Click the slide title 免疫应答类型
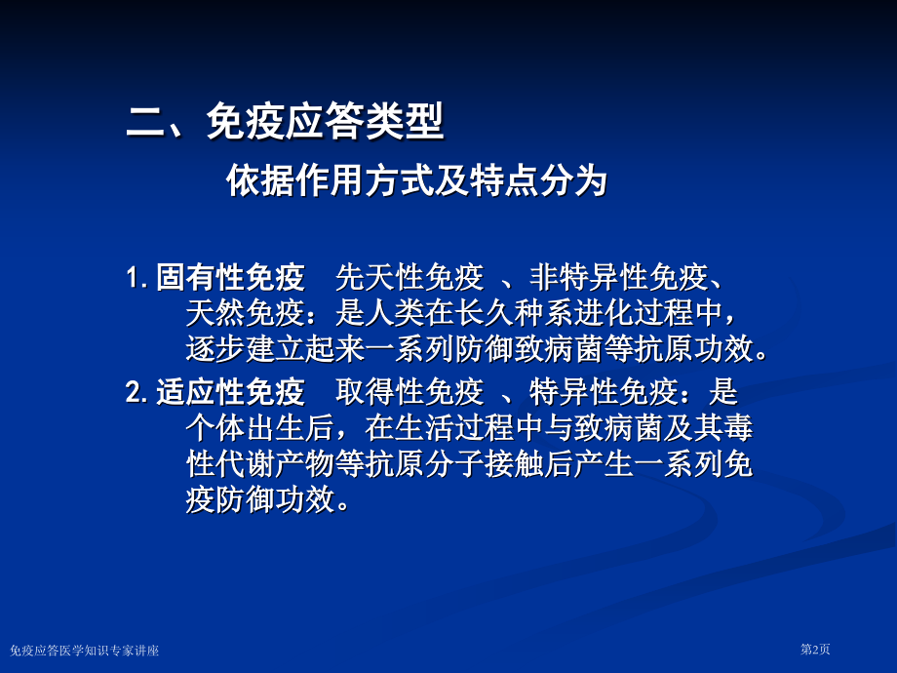(x=325, y=124)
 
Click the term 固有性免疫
(x=230, y=279)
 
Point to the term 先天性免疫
(x=409, y=279)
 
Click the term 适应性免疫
(x=230, y=393)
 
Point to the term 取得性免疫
(x=409, y=393)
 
